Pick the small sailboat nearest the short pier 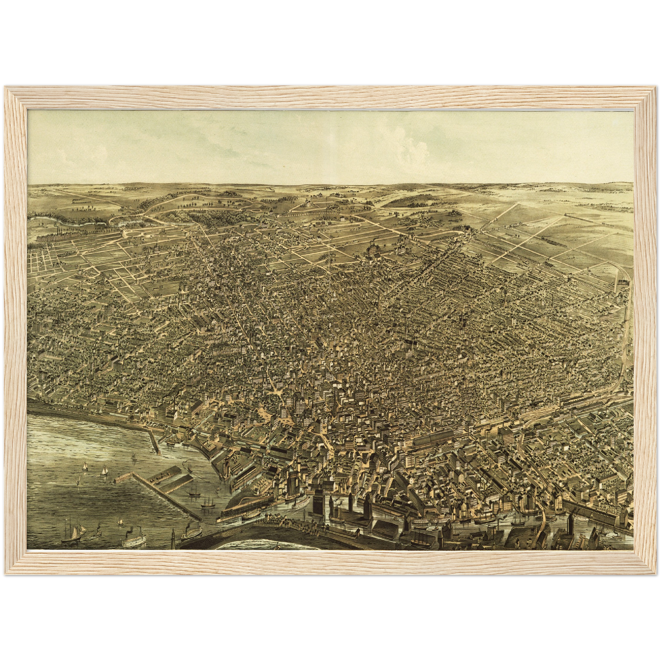[x=134, y=457]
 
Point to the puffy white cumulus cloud [x=403, y=137]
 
